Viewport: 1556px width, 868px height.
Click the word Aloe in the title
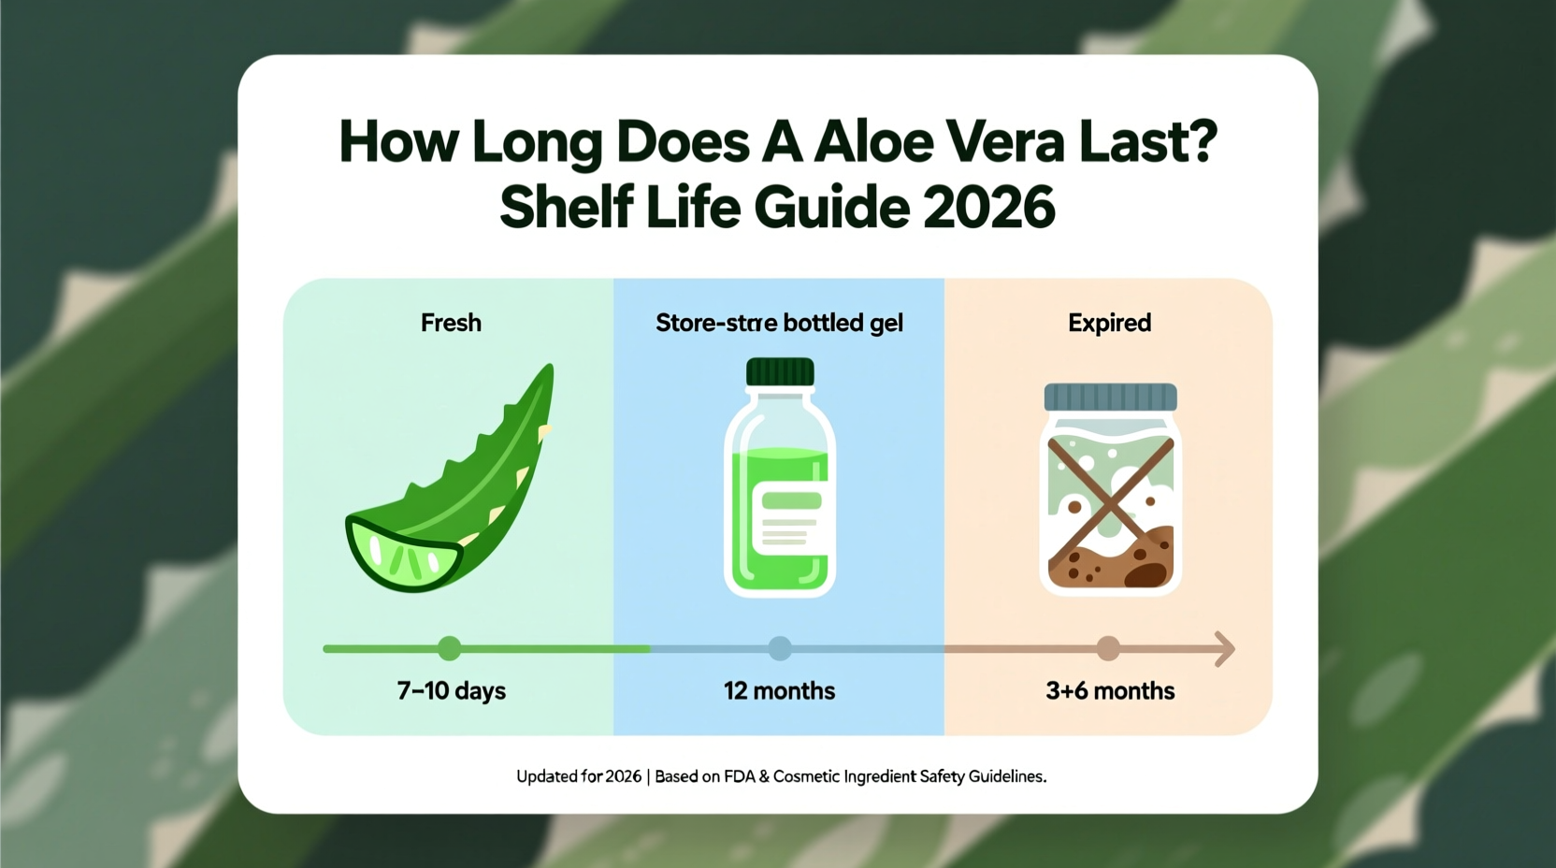pos(873,142)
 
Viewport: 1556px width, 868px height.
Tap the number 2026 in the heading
pos(988,208)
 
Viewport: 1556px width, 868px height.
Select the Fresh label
pos(451,323)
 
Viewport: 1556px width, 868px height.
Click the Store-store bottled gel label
pos(779,323)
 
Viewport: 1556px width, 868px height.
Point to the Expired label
pos(1109,323)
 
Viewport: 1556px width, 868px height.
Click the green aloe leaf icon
pos(468,486)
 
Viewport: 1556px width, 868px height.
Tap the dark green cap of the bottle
pos(780,372)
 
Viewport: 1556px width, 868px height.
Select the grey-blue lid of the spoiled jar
pos(1110,397)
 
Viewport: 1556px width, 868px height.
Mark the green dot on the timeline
pos(449,648)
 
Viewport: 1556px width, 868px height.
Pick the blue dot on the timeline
pos(780,648)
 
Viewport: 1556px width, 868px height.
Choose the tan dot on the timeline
pos(1108,648)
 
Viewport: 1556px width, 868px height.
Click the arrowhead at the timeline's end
pos(1225,648)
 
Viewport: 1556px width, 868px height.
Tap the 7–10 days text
pos(451,691)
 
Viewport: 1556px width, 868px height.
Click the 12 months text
pos(779,691)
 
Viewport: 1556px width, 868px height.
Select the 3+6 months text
pos(1109,691)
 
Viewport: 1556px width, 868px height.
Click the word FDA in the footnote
pos(739,776)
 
